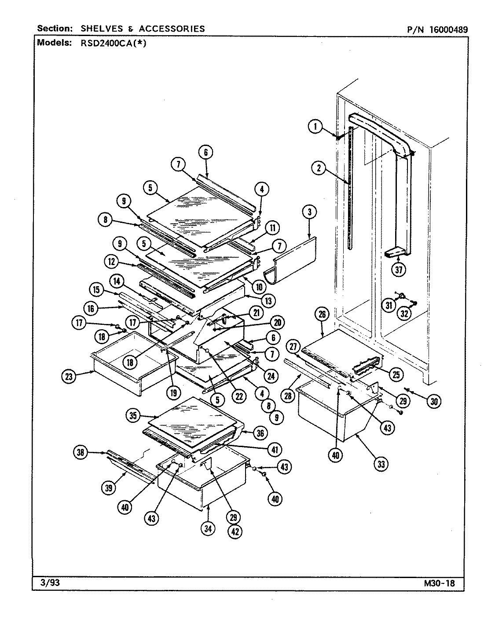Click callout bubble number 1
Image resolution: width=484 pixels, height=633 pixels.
pyautogui.click(x=315, y=127)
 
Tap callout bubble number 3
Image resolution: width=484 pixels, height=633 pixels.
pyautogui.click(x=309, y=212)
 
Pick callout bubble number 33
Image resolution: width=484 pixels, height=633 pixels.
pyautogui.click(x=381, y=463)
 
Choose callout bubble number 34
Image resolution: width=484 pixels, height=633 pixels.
pyautogui.click(x=208, y=529)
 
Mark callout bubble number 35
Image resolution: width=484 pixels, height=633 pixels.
pyautogui.click(x=132, y=416)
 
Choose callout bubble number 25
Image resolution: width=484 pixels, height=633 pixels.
pyautogui.click(x=396, y=374)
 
